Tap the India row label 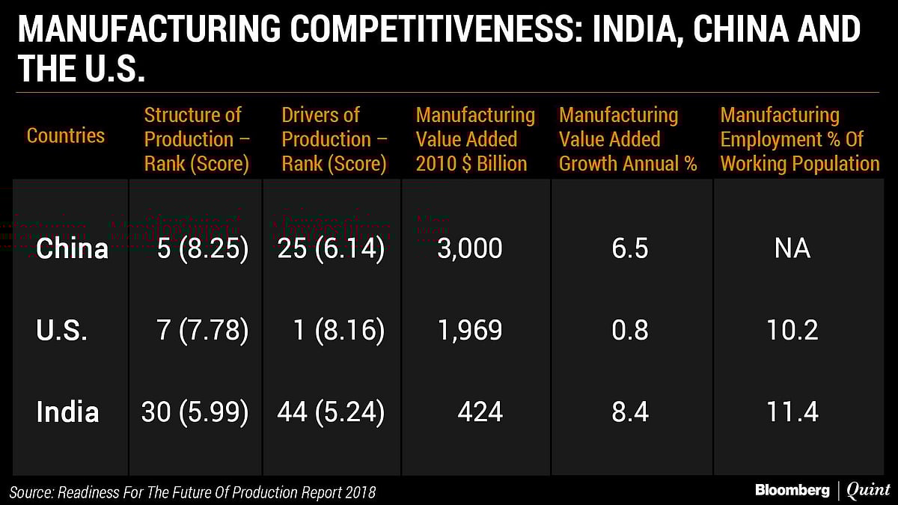pos(67,412)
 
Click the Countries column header pos(66,135)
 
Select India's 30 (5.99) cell pos(195,412)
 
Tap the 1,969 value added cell pos(470,331)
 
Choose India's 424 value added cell pos(479,412)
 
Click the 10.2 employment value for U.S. pos(792,331)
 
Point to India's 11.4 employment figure pos(792,412)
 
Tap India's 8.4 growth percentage pos(629,412)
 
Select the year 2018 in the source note pos(359,492)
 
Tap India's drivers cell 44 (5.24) pos(332,412)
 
